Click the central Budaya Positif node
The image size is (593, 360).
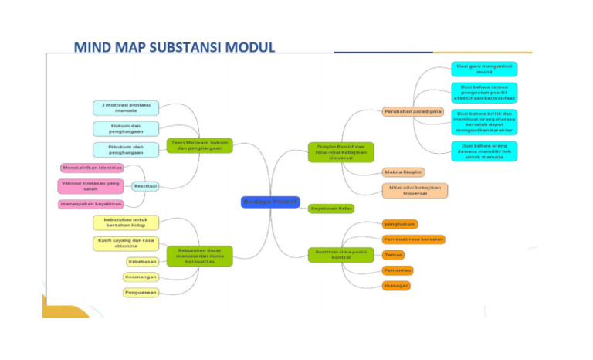click(x=269, y=202)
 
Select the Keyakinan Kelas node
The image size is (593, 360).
click(x=331, y=209)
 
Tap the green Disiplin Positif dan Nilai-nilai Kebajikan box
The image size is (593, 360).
click(x=341, y=151)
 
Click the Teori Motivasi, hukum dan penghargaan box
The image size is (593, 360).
click(x=199, y=144)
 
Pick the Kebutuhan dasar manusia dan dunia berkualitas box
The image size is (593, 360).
click(x=199, y=256)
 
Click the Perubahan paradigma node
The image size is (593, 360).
click(x=413, y=111)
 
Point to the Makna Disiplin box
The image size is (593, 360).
click(x=403, y=172)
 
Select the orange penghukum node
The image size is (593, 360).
click(x=400, y=224)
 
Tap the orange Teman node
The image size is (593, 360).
click(x=394, y=254)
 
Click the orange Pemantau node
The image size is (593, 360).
click(x=398, y=270)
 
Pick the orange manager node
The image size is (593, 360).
click(x=396, y=286)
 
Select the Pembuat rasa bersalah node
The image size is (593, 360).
click(x=413, y=239)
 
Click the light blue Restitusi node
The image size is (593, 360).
click(x=145, y=186)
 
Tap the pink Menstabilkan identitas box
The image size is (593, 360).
click(x=92, y=168)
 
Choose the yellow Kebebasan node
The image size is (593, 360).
click(x=142, y=262)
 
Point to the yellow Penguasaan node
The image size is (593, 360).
click(x=141, y=293)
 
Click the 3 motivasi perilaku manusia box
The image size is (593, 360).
click(x=125, y=107)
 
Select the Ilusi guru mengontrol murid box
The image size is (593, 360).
click(x=484, y=69)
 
